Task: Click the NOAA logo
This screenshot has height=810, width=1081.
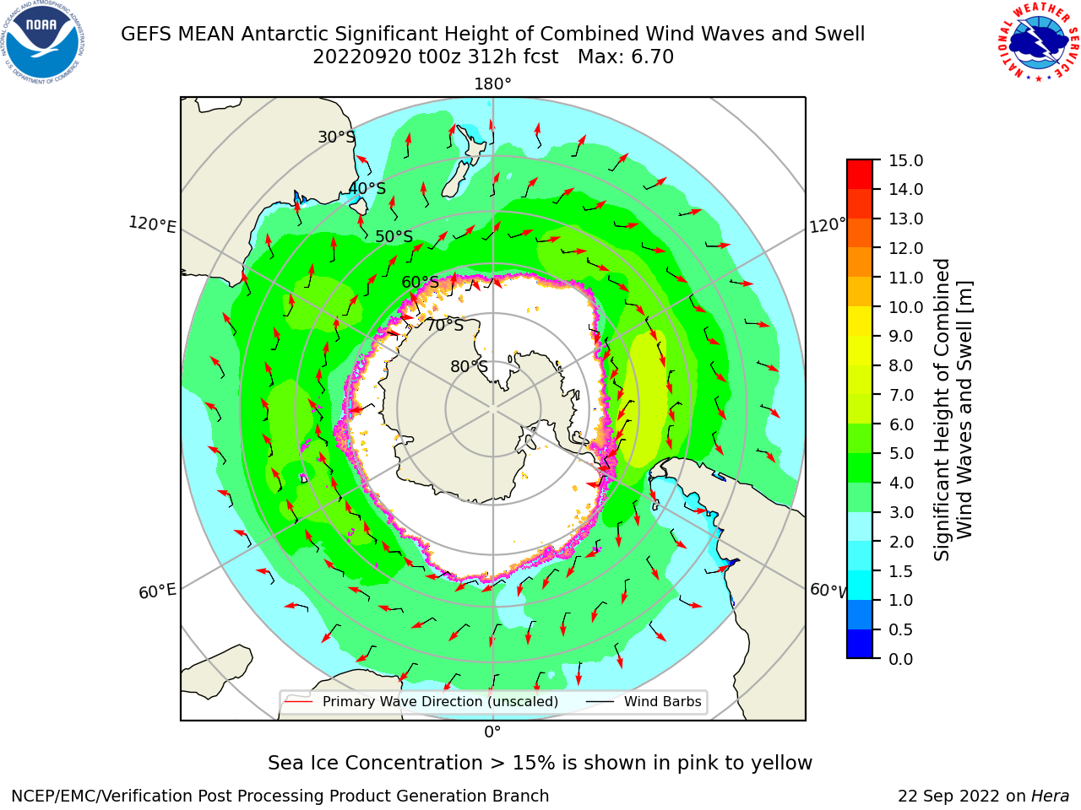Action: pyautogui.click(x=43, y=42)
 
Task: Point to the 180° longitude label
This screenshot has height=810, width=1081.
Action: pyautogui.click(x=492, y=84)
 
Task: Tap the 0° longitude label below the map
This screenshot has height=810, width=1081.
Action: pyautogui.click(x=492, y=732)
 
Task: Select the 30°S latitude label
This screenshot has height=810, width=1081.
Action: pyautogui.click(x=336, y=137)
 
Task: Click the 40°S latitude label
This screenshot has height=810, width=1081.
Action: pyautogui.click(x=367, y=188)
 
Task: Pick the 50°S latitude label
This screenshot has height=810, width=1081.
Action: pyautogui.click(x=394, y=236)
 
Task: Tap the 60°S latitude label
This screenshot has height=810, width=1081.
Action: pyautogui.click(x=420, y=282)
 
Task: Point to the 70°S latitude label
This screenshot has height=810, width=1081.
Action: pyautogui.click(x=445, y=325)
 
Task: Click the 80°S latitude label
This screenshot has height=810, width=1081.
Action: pyautogui.click(x=470, y=366)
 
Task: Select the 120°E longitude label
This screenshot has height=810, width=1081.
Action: pyautogui.click(x=152, y=224)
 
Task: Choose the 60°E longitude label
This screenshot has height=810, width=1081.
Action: pyautogui.click(x=157, y=591)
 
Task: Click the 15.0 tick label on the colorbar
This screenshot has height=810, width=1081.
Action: pyautogui.click(x=905, y=160)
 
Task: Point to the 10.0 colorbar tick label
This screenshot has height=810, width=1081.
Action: pyautogui.click(x=905, y=307)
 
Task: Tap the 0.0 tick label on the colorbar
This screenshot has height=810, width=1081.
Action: pyautogui.click(x=901, y=659)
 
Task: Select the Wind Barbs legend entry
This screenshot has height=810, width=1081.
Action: pyautogui.click(x=644, y=701)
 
